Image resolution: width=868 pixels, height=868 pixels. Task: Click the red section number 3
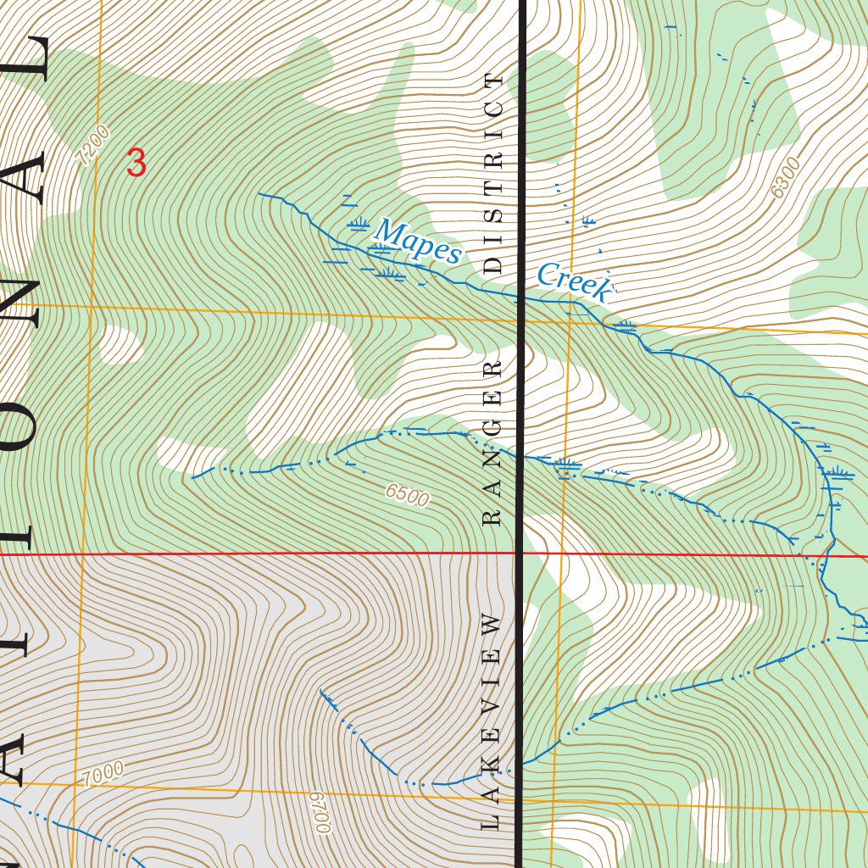click(x=136, y=162)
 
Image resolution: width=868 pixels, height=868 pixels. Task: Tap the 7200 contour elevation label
click(x=92, y=145)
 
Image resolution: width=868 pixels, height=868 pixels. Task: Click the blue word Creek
click(x=573, y=282)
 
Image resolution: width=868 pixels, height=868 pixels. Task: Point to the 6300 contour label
click(x=786, y=179)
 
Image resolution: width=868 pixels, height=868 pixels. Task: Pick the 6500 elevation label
click(x=406, y=494)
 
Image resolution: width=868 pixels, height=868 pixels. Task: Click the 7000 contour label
click(x=103, y=773)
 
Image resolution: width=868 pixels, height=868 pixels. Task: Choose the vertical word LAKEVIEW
click(x=492, y=721)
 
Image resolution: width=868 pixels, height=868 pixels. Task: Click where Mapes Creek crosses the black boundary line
click(x=521, y=298)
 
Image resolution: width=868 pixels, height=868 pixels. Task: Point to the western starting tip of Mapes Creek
click(x=259, y=194)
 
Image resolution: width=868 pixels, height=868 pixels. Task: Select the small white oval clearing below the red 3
click(x=120, y=344)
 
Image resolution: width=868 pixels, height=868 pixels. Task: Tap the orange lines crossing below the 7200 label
click(x=92, y=305)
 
